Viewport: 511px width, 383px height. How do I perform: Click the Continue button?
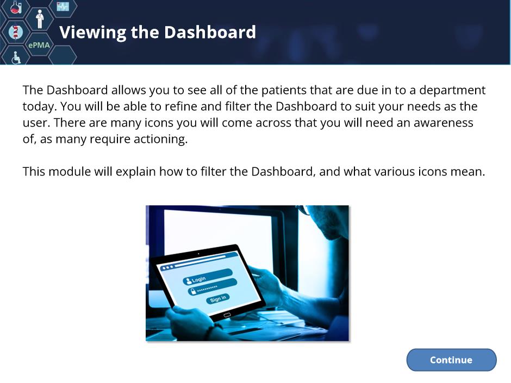[x=451, y=360]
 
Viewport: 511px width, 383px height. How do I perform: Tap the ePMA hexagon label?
[x=39, y=45]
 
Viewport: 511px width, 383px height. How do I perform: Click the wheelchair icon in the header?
[x=16, y=58]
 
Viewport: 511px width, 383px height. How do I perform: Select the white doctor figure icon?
[x=40, y=19]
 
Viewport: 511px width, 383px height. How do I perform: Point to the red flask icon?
[x=15, y=7]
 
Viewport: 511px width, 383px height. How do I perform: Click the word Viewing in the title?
[x=93, y=33]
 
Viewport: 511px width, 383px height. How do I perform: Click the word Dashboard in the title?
[x=210, y=32]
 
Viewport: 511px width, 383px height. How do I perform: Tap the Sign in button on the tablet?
[x=217, y=299]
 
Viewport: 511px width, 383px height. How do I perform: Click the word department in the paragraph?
[x=452, y=90]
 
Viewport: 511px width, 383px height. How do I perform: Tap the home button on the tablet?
[x=227, y=315]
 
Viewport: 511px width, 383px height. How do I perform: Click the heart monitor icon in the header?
[x=63, y=6]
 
